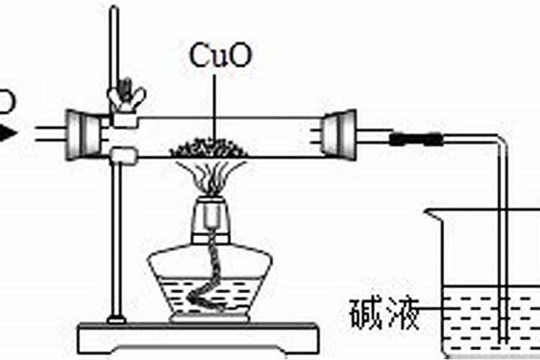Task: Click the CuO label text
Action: click(x=221, y=56)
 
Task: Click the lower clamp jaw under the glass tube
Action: click(x=125, y=155)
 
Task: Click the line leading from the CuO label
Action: click(x=214, y=101)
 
